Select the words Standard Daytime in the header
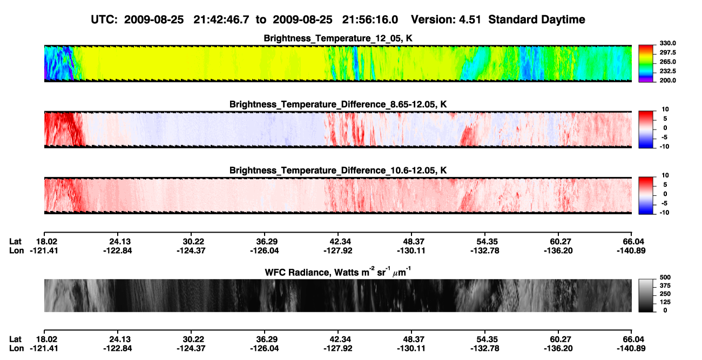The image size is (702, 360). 537,20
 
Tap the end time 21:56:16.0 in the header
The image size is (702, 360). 370,19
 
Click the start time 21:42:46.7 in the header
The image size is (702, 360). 221,19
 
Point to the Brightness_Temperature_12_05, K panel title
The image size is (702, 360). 338,38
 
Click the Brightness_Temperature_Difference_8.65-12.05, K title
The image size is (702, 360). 338,104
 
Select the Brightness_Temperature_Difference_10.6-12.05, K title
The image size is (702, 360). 338,171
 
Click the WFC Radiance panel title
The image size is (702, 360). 338,272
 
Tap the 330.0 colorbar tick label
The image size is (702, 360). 667,43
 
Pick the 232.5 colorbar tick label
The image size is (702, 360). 667,71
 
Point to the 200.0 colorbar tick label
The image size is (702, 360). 667,80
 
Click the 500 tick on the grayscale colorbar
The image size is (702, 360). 665,277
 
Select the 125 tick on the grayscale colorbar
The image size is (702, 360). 665,302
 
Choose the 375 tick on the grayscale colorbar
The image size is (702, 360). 665,286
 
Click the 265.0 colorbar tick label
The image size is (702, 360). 667,62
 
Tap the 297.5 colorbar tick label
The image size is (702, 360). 667,52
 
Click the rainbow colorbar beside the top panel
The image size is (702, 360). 646,64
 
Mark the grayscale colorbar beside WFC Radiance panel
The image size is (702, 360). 646,295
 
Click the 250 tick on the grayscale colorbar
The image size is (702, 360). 665,294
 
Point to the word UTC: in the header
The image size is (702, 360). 104,19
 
